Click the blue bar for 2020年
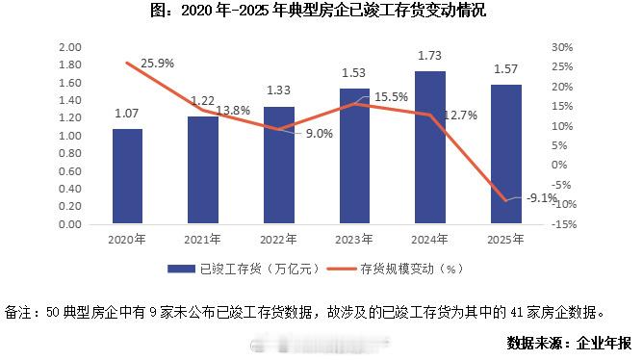pos(127,176)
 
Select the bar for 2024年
pos(430,147)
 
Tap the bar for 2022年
pos(279,166)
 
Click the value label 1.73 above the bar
pos(429,56)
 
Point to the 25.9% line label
pos(158,64)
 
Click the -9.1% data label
pos(542,198)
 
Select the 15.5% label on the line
pos(391,97)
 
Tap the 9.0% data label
pos(320,134)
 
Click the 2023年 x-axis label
pos(354,239)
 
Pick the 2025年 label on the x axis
pos(505,239)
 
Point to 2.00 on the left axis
pos(69,47)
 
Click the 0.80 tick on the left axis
pos(69,153)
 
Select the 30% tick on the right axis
pos(562,47)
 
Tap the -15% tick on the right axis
pos(564,224)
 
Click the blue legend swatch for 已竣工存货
pos(181,269)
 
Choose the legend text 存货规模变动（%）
pos(412,269)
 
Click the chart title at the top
pos(319,11)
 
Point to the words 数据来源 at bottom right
pos(534,343)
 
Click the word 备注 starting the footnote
pos(18,313)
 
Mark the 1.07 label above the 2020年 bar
pos(126,114)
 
